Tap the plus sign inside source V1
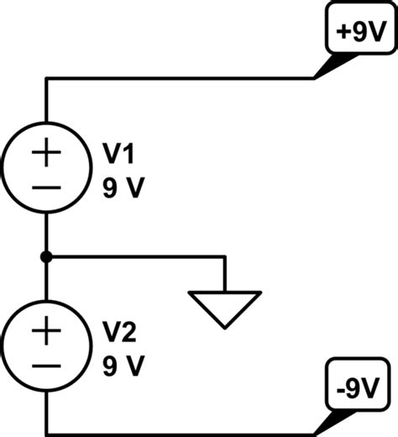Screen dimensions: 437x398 point(48,154)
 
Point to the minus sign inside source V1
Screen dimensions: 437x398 point(48,187)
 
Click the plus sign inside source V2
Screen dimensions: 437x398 point(48,331)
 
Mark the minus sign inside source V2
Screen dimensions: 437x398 point(48,366)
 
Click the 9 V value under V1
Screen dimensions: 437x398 point(123,187)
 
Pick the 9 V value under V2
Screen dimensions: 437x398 point(123,366)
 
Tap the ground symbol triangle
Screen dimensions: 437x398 point(225,307)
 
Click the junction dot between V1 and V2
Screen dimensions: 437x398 point(48,255)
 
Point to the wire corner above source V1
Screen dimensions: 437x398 point(48,79)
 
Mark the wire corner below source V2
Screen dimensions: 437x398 point(48,434)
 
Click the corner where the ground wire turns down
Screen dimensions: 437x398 point(225,255)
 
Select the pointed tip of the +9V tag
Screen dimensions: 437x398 point(315,78)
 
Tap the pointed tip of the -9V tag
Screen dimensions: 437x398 point(315,433)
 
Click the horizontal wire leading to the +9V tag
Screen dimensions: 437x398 point(181,79)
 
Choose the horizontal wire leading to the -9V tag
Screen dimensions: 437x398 point(181,434)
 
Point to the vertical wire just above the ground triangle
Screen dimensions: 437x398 point(225,276)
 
